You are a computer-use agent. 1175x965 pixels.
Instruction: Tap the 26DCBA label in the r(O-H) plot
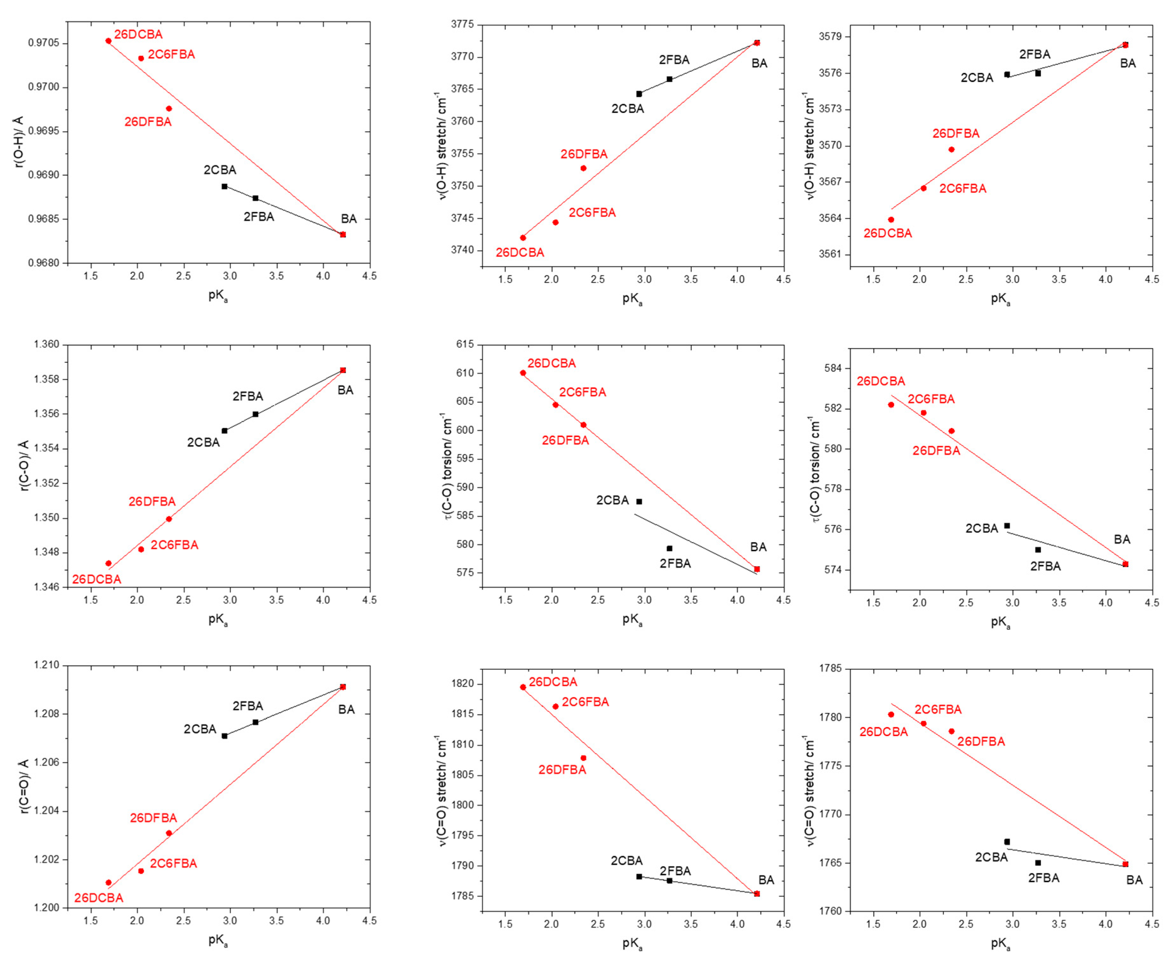(x=138, y=35)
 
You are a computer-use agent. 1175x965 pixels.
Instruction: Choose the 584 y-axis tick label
(x=834, y=368)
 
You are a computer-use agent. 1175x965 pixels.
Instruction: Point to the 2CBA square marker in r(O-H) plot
(x=224, y=186)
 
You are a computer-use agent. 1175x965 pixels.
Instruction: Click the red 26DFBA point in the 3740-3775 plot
(x=583, y=168)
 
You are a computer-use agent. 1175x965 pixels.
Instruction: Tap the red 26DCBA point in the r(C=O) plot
(x=109, y=882)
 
